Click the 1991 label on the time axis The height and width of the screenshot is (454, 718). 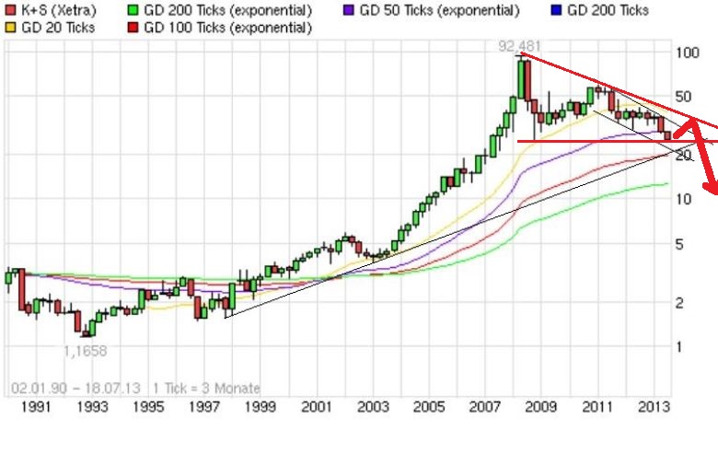pyautogui.click(x=34, y=406)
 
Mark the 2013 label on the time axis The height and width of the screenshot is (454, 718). pyautogui.click(x=653, y=406)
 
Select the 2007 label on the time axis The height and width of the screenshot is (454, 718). pyautogui.click(x=484, y=406)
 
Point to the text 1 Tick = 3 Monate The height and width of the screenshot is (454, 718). pyautogui.click(x=207, y=388)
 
